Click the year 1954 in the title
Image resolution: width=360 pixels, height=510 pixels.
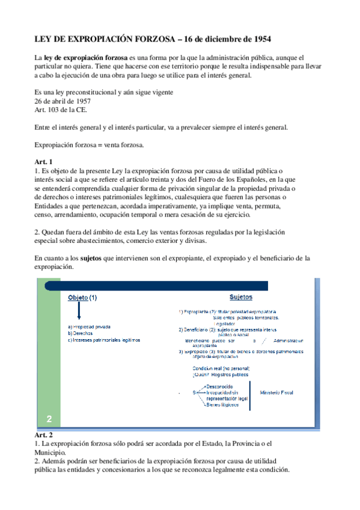pyautogui.click(x=260, y=39)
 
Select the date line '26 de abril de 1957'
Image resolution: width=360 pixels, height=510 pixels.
pyautogui.click(x=63, y=101)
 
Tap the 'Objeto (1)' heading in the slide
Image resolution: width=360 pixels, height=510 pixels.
pyautogui.click(x=82, y=298)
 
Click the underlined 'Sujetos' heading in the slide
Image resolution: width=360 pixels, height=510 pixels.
pyautogui.click(x=240, y=297)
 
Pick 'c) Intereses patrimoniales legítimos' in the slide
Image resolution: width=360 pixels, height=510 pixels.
pyautogui.click(x=104, y=339)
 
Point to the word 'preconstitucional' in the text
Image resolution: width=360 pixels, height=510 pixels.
pyautogui.click(x=90, y=93)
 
